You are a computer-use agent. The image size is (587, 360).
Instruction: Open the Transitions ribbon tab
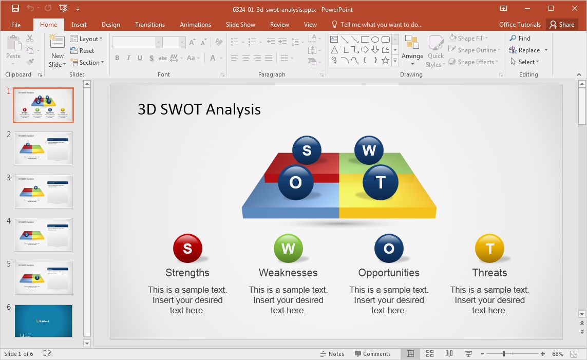pyautogui.click(x=149, y=25)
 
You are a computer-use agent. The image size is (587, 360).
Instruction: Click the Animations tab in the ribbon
pyautogui.click(x=195, y=25)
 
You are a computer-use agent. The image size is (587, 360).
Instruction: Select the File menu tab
pyautogui.click(x=16, y=25)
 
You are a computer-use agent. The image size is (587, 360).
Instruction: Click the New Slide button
pyautogui.click(x=57, y=51)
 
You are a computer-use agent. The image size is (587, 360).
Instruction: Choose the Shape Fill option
pyautogui.click(x=469, y=39)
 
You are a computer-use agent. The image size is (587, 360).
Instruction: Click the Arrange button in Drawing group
pyautogui.click(x=412, y=51)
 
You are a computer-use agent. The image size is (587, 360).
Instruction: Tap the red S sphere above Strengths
pyautogui.click(x=187, y=249)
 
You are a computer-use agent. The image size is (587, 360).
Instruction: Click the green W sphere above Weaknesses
pyautogui.click(x=288, y=249)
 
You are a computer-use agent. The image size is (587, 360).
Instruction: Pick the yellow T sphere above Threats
pyautogui.click(x=489, y=249)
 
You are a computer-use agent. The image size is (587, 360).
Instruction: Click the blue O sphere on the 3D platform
pyautogui.click(x=295, y=183)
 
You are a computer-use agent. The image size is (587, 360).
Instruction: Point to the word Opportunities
pyautogui.click(x=389, y=273)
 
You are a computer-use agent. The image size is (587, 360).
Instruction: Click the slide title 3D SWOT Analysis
pyautogui.click(x=199, y=109)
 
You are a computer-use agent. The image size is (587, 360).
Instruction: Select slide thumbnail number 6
pyautogui.click(x=44, y=321)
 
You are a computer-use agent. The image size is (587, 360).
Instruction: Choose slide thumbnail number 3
pyautogui.click(x=44, y=191)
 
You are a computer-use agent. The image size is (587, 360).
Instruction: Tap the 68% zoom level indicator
pyautogui.click(x=558, y=354)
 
